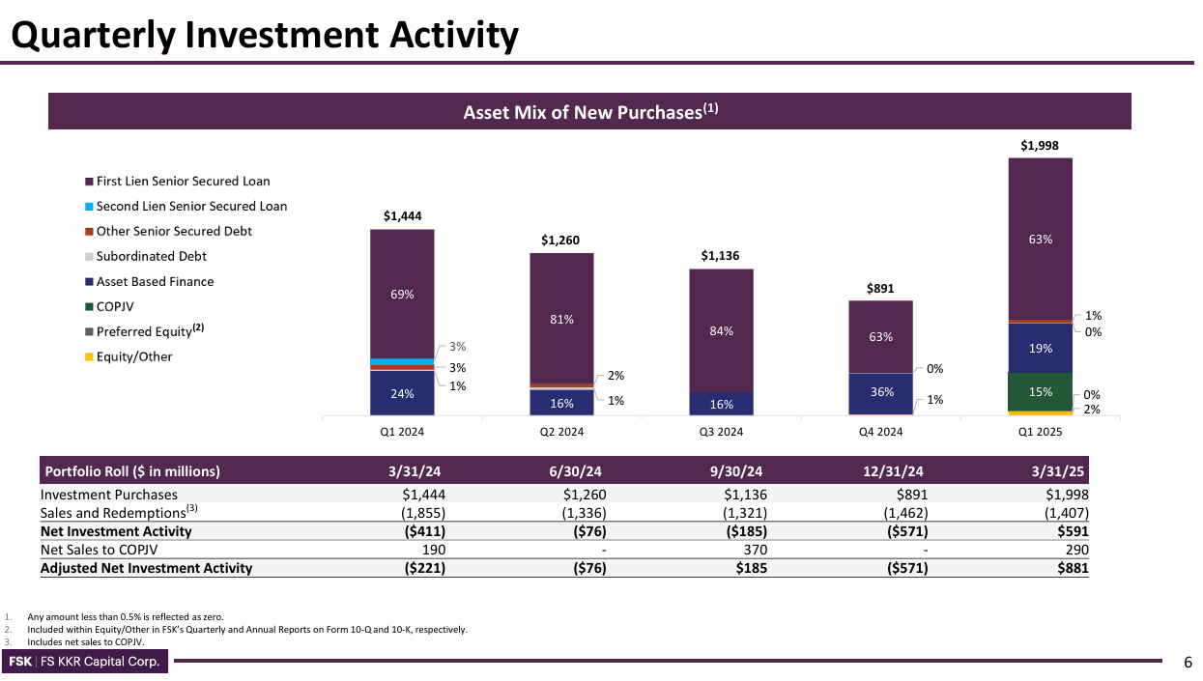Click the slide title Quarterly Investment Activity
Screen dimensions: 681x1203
click(264, 36)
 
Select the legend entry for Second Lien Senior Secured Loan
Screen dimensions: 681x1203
click(191, 206)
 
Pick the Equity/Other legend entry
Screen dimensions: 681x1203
click(133, 356)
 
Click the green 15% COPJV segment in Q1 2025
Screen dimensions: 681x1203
click(1040, 391)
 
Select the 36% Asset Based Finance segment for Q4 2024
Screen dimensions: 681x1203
click(880, 393)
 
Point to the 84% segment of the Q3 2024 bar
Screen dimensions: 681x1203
click(721, 330)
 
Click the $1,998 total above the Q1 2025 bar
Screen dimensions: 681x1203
click(1040, 145)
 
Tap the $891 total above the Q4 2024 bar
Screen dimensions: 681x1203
click(880, 288)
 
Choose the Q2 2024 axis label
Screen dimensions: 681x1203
click(561, 432)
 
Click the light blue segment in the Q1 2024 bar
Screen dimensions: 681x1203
click(402, 361)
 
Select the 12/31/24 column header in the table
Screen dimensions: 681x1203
click(894, 471)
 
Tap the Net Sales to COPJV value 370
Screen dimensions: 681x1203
click(751, 550)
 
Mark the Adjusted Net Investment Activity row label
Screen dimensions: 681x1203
click(146, 568)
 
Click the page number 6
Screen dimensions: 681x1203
click(1189, 662)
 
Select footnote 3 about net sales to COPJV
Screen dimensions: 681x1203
click(86, 642)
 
